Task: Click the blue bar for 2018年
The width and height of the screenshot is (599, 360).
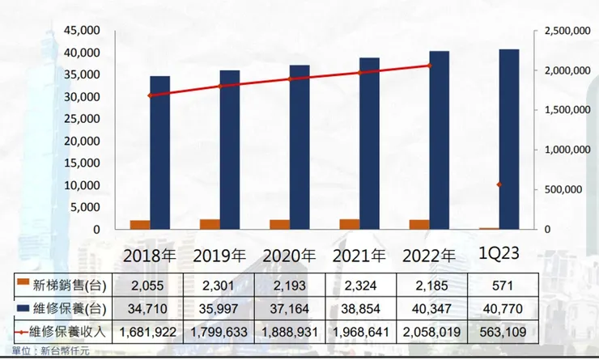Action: (160, 153)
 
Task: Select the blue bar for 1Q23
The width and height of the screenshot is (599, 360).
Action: (509, 139)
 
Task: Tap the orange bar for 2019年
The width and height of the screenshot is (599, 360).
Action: (210, 224)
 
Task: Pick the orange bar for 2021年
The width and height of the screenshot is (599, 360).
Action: (349, 224)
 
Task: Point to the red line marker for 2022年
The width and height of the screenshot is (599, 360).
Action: (430, 66)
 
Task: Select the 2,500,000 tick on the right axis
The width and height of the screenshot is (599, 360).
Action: (563, 31)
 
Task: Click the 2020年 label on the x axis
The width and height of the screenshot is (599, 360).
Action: (289, 255)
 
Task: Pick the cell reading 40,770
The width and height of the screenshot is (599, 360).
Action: (499, 307)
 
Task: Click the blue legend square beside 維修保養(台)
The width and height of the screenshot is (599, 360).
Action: (23, 307)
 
